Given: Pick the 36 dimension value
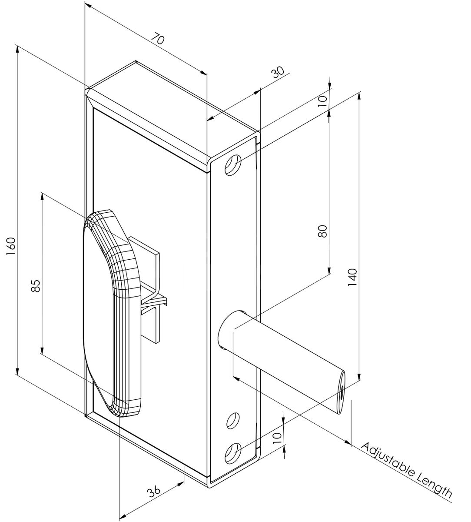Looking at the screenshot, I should pyautogui.click(x=153, y=492).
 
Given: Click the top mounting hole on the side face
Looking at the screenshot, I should pyautogui.click(x=233, y=165).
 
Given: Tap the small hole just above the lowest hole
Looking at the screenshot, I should pyautogui.click(x=233, y=420).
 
